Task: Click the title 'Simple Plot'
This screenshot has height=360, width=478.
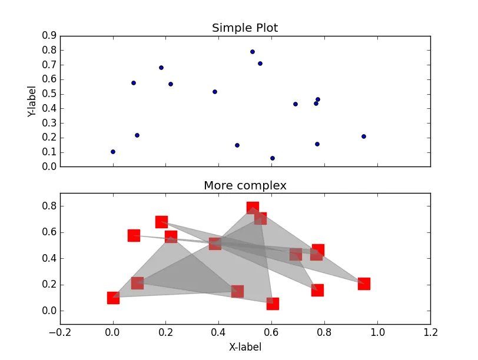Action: pos(245,28)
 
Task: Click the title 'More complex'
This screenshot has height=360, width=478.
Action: pos(245,186)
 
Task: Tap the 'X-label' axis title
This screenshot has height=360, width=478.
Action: pos(245,347)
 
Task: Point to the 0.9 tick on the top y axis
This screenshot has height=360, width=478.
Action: pos(49,35)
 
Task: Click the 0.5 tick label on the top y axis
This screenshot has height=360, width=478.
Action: pos(49,94)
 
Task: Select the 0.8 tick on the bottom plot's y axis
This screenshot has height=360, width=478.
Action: pos(49,206)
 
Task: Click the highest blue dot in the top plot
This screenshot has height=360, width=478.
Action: pos(253,52)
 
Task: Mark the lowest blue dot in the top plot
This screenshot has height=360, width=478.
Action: pos(273,158)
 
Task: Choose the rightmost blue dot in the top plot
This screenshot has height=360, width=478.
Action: pos(364,136)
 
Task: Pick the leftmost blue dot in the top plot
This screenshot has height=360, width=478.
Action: pos(113,152)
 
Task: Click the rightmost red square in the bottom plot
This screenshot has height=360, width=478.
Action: pos(364,284)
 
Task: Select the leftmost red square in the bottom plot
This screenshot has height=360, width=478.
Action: pos(113,298)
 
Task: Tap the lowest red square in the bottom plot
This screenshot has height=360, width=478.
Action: pos(273,304)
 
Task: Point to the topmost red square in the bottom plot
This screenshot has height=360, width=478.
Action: pos(253,208)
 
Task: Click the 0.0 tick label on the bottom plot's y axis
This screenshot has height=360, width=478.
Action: pos(49,311)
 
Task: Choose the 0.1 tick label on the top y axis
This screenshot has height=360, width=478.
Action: pos(49,152)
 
